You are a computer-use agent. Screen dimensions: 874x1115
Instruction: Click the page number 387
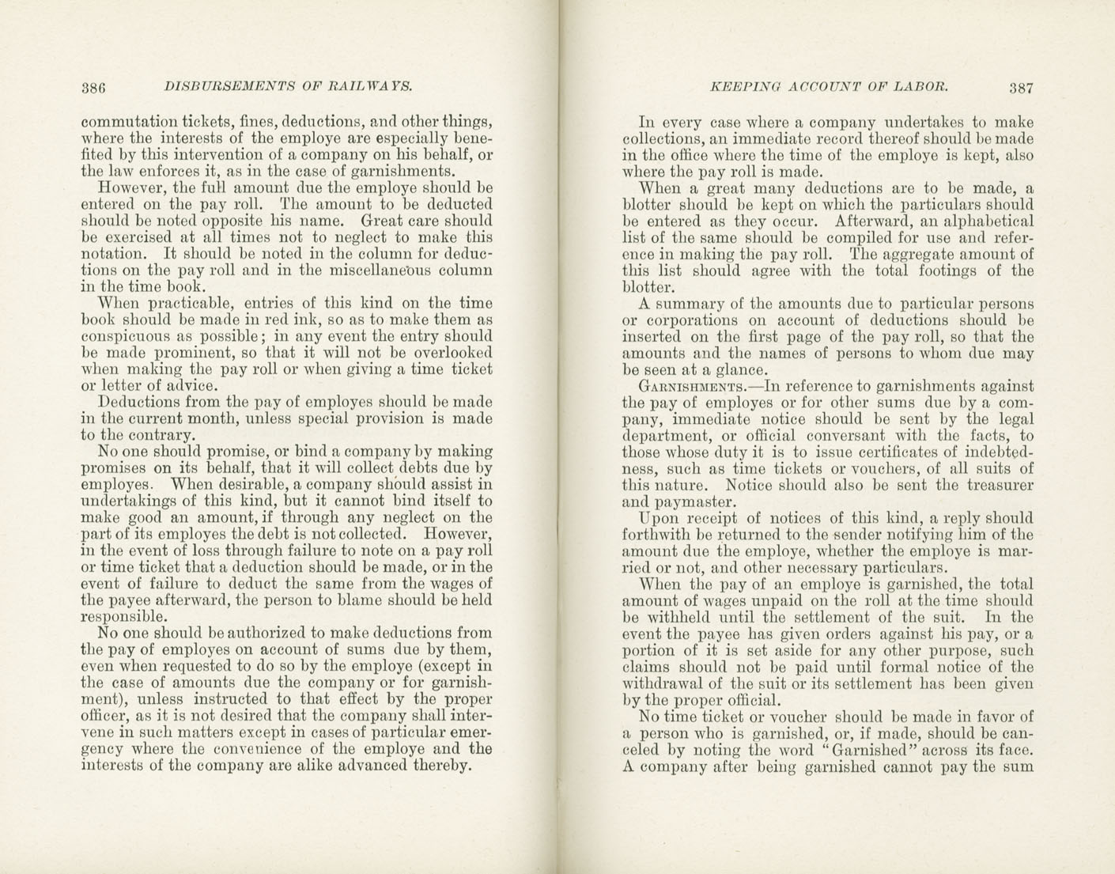[1021, 88]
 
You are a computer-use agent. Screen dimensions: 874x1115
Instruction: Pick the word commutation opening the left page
[119, 123]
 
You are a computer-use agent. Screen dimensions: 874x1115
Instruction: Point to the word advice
[168, 386]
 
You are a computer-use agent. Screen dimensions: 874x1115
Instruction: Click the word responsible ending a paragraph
[124, 617]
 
